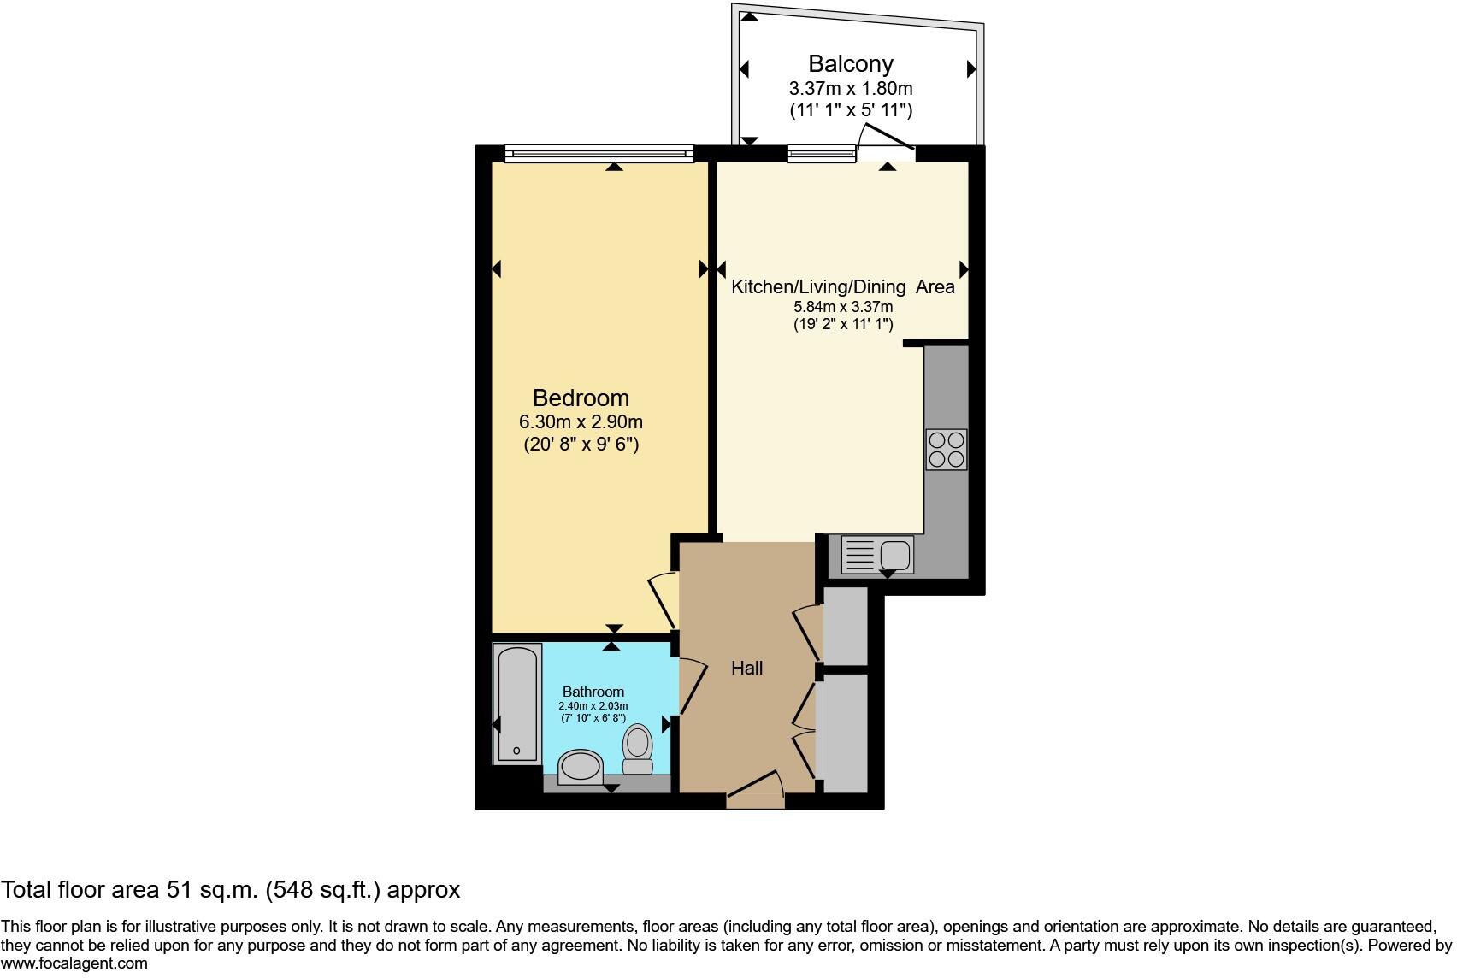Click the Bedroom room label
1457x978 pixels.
(x=581, y=398)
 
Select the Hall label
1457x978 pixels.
(x=746, y=668)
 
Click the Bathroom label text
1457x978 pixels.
(x=593, y=692)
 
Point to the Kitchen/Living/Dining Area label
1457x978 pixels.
(x=842, y=287)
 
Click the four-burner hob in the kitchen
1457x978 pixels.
(x=946, y=450)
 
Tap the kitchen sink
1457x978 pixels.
(x=878, y=555)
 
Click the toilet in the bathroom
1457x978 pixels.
(x=637, y=748)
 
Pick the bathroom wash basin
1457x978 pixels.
(x=581, y=766)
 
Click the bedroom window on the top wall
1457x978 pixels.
(x=599, y=153)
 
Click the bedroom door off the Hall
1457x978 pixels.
(x=664, y=602)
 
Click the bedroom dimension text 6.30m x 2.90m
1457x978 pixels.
(x=581, y=421)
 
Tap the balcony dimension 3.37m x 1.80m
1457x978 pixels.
(x=850, y=88)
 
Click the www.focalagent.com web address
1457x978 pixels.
(x=74, y=963)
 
